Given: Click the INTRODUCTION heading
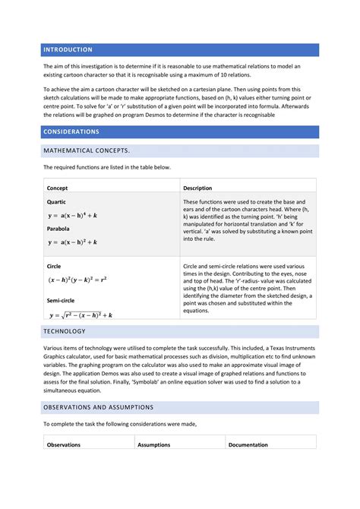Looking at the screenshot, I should tap(68, 49).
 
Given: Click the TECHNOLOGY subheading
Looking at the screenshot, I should tap(65, 332).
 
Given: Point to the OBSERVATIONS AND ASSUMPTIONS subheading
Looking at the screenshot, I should tap(98, 407).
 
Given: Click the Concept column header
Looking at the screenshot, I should tap(58, 188).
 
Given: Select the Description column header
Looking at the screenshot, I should tap(197, 188).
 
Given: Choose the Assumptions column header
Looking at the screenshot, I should tap(154, 444).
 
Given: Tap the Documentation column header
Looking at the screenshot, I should tap(248, 444).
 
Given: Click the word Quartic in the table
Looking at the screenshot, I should tap(58, 202).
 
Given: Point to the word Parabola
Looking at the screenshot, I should tap(59, 229).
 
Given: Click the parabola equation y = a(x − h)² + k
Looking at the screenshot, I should tap(72, 242).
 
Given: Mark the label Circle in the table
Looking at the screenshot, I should tap(55, 267).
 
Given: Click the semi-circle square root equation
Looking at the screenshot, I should tap(81, 315).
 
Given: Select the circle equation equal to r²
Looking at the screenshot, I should tap(77, 280).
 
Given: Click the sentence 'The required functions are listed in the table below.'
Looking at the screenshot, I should tap(107, 167).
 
